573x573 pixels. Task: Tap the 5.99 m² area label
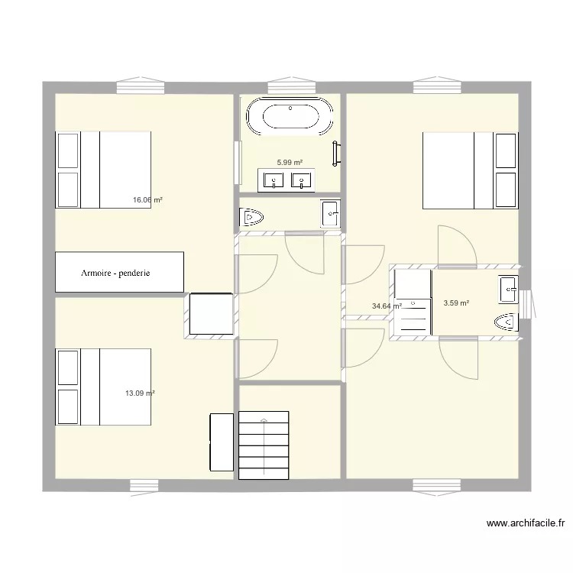click(290, 163)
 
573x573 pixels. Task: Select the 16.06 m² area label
click(147, 200)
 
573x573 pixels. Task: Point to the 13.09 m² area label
click(140, 393)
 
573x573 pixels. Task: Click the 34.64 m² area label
click(387, 306)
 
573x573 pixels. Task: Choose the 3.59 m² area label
click(456, 303)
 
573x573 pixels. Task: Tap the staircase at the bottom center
click(264, 445)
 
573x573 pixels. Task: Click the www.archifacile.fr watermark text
click(526, 524)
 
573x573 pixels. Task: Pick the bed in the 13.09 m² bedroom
click(103, 387)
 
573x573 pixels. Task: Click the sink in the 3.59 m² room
click(508, 290)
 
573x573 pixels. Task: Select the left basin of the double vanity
click(273, 181)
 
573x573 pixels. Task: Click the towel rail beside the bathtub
click(335, 154)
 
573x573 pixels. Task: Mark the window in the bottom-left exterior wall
click(143, 484)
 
